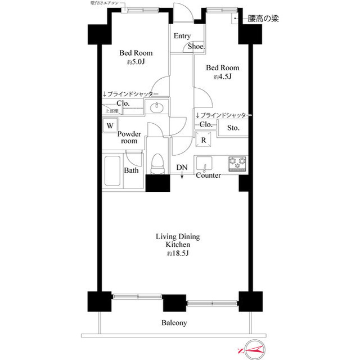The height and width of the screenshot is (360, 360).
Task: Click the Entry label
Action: [182, 36]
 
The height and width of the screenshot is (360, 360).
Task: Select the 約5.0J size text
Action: [136, 62]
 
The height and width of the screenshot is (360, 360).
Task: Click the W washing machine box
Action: [110, 126]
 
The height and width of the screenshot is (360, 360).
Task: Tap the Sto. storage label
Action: [233, 128]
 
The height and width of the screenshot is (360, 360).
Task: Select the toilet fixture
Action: [158, 163]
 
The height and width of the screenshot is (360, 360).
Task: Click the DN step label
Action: [182, 168]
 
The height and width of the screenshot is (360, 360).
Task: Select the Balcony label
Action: [174, 323]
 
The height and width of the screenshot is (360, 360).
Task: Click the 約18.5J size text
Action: [177, 254]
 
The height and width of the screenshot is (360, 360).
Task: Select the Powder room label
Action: [129, 137]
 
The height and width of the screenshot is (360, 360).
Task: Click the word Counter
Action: [208, 175]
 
